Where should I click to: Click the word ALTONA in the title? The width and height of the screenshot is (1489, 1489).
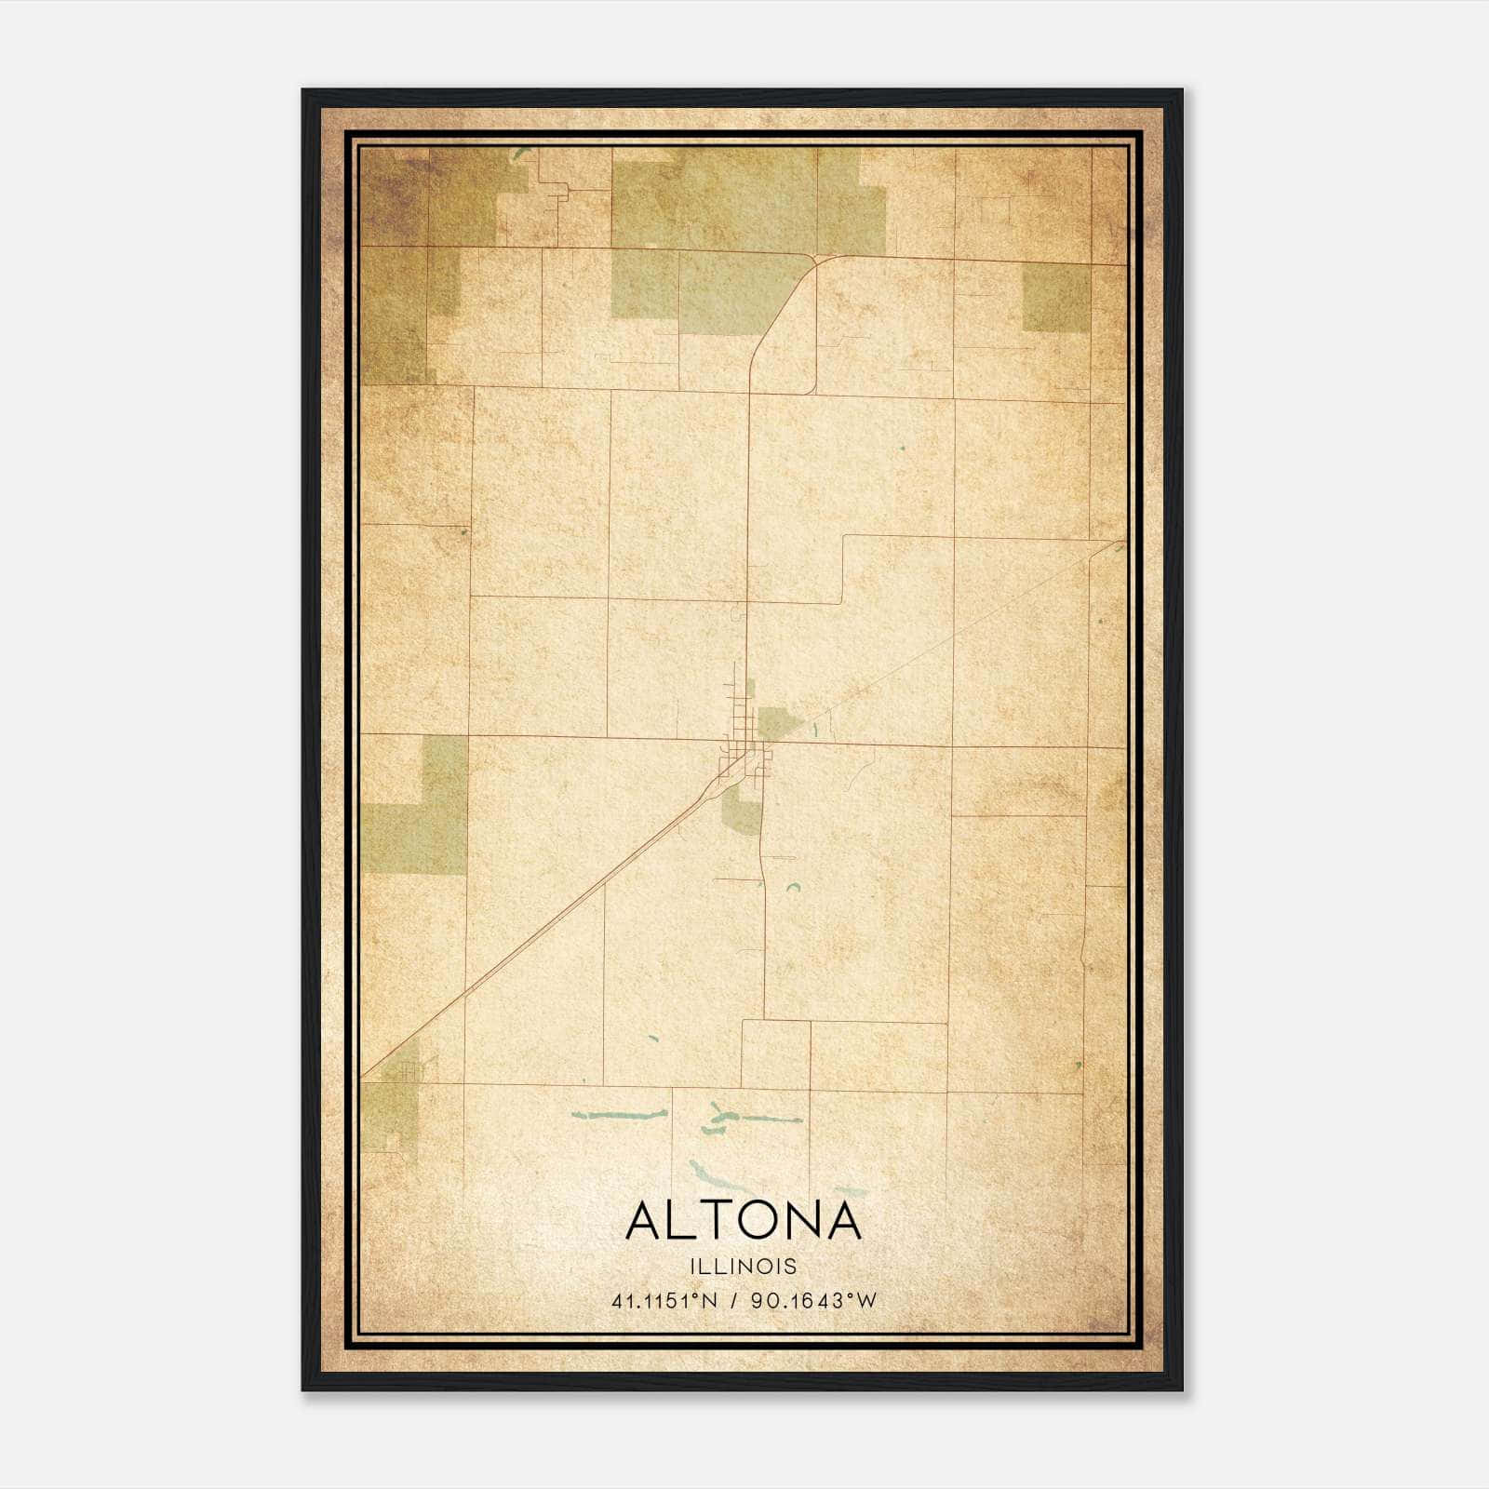744,1220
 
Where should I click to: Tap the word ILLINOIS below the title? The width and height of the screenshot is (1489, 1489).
744,1267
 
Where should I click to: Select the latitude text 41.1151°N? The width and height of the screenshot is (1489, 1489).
664,1301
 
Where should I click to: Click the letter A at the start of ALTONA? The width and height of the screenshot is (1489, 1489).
644,1220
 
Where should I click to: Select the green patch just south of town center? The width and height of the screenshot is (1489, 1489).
742,815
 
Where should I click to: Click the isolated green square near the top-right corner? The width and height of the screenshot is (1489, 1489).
1055,297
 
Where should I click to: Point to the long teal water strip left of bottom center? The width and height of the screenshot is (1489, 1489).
619,1114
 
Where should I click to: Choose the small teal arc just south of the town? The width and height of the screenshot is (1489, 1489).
794,887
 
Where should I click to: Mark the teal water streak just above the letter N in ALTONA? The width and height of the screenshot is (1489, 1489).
850,1190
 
